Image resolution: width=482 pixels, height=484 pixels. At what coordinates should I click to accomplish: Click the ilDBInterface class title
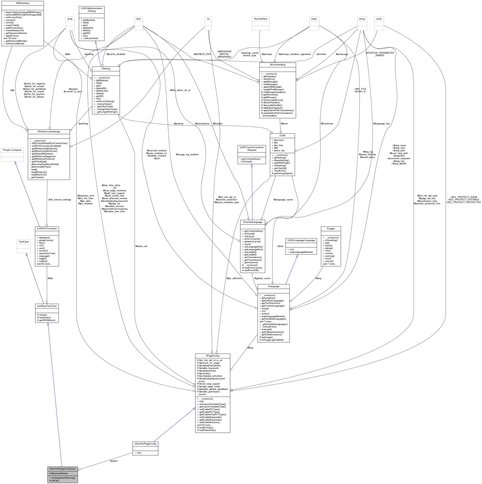coord(22,3)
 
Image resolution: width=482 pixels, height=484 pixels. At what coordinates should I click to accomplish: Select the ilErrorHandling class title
coord(277,65)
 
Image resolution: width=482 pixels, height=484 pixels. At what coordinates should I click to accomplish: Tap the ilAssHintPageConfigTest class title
coord(62,469)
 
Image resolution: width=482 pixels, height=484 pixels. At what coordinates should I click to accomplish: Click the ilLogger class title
coord(331,228)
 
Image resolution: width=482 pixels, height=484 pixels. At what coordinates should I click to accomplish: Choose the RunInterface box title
coord(261,19)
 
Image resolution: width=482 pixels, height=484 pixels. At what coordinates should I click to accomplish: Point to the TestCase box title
coord(24,242)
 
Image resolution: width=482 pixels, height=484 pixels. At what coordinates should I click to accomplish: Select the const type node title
coord(379,19)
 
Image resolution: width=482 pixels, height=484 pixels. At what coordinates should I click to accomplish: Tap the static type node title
coord(314,19)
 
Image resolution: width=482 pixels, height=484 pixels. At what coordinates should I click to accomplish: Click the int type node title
coord(208,19)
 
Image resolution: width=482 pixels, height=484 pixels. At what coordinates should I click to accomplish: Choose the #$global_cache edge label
coord(262,278)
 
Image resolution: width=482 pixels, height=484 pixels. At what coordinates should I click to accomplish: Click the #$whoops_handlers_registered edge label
coord(295,54)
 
